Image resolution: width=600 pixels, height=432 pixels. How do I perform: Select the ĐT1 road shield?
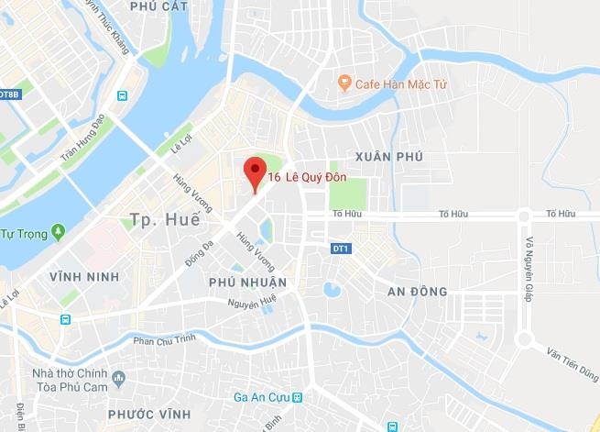coord(341,249)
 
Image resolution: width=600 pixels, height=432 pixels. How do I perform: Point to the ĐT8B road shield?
coord(8,94)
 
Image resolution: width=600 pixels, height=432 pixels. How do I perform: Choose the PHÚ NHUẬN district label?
coord(247,282)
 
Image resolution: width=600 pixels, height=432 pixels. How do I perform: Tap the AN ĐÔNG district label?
coord(417,292)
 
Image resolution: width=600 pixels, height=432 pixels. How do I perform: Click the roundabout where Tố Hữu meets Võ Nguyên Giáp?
coord(523,216)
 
